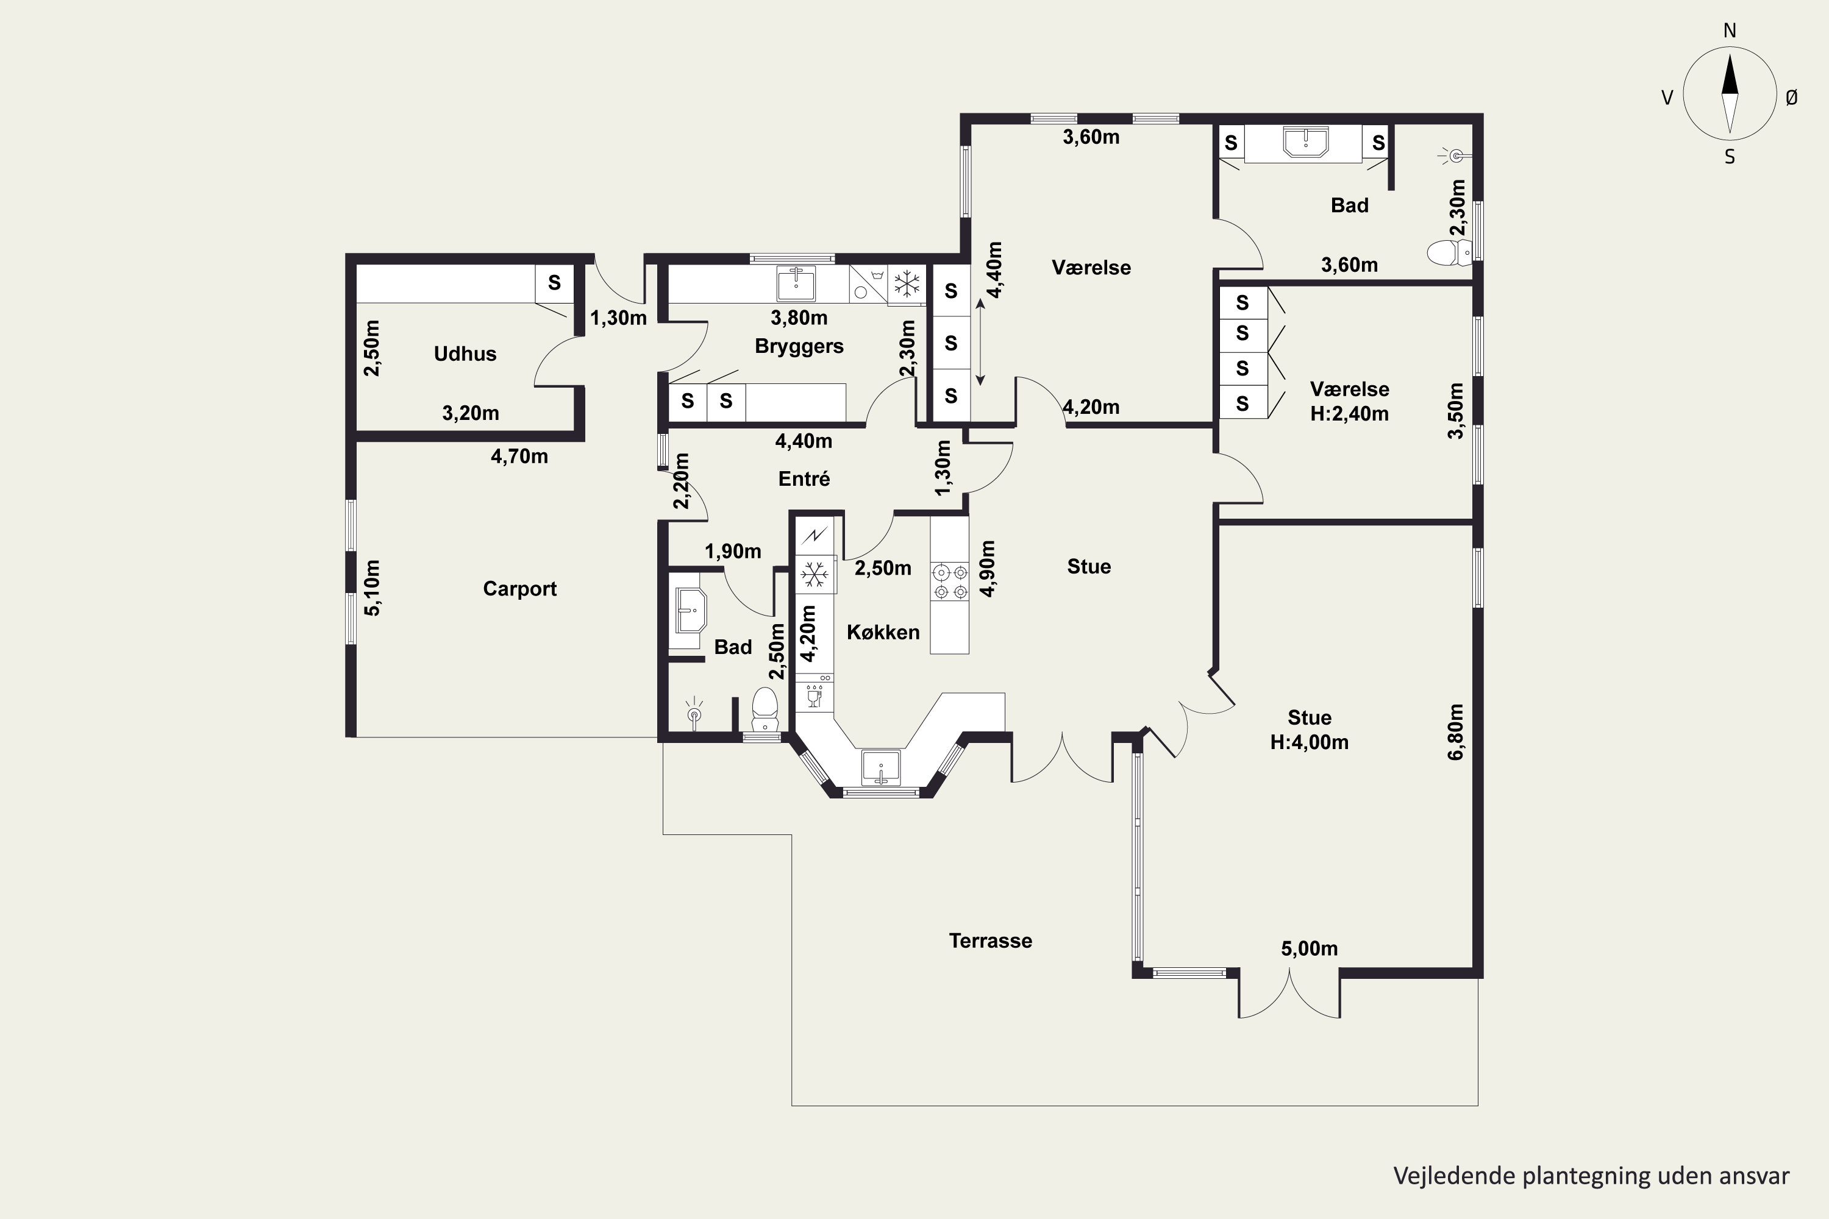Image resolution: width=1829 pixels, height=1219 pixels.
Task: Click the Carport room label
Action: click(519, 589)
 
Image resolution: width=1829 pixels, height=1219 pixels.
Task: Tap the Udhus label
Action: click(465, 354)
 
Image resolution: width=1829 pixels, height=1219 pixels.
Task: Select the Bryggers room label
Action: click(799, 346)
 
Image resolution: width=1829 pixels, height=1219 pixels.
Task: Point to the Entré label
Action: click(804, 479)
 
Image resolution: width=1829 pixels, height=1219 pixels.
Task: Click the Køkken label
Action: click(883, 632)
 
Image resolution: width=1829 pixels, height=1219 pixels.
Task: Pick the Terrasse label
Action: click(991, 940)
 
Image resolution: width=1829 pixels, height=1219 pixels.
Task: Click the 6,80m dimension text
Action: click(1456, 731)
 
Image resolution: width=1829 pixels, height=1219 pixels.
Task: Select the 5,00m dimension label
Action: click(1310, 948)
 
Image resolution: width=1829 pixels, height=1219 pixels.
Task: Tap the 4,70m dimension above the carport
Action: click(519, 457)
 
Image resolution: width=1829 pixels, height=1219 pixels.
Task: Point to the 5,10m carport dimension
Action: click(373, 588)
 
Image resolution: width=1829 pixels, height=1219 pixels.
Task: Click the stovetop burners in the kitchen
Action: click(950, 582)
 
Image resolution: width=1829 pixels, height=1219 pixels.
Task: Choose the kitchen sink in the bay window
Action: click(881, 767)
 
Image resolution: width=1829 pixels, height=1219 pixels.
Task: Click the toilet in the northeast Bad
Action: click(1450, 253)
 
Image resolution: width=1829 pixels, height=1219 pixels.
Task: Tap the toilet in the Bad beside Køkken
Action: click(765, 709)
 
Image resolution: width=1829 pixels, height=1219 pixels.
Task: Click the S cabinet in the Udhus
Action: click(554, 282)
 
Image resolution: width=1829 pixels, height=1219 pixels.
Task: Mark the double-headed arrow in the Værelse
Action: click(980, 343)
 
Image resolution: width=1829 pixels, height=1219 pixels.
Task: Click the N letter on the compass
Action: click(1730, 30)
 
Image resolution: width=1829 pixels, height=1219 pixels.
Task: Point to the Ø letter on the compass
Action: click(1792, 97)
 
